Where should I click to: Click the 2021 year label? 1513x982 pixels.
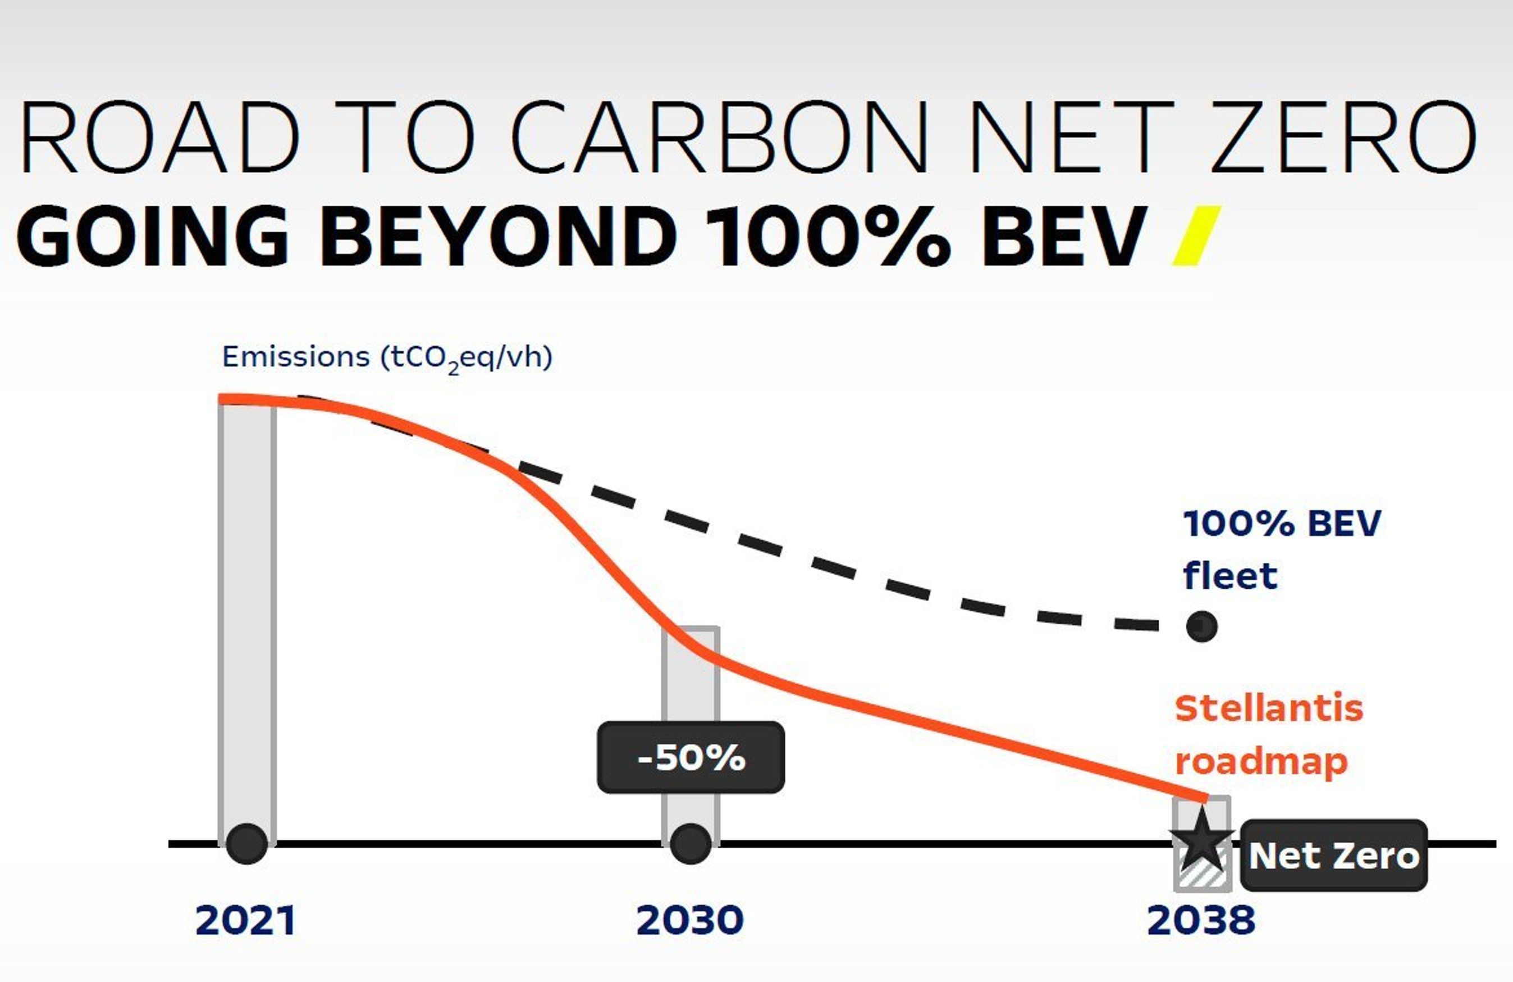(x=245, y=920)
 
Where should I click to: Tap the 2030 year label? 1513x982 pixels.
(x=690, y=920)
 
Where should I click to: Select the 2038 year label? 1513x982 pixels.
(x=1201, y=920)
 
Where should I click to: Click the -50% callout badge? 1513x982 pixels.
(x=691, y=757)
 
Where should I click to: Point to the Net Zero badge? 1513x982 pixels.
(x=1334, y=856)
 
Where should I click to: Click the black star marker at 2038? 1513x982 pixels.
(x=1201, y=842)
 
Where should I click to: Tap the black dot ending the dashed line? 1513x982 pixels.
(x=1201, y=627)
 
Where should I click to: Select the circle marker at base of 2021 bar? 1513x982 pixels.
(x=246, y=844)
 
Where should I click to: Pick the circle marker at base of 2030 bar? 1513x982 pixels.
(x=691, y=844)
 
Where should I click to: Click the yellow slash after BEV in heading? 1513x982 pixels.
(x=1196, y=236)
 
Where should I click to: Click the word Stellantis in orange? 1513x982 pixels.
(x=1269, y=708)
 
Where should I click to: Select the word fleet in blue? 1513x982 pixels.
(x=1230, y=576)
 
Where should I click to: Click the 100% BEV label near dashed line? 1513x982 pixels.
(x=1282, y=524)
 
